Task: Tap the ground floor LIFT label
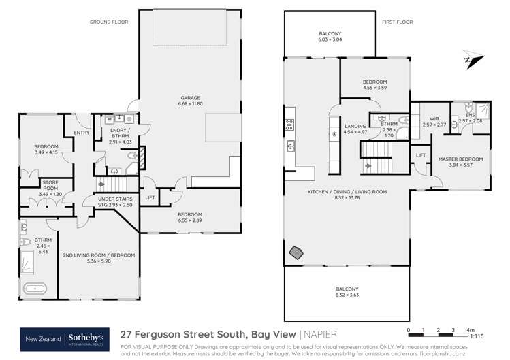pyautogui.click(x=150, y=198)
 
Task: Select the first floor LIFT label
pyautogui.click(x=421, y=155)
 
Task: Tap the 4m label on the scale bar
pyautogui.click(x=471, y=331)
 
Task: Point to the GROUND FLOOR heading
pyautogui.click(x=108, y=22)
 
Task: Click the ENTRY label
pyautogui.click(x=81, y=133)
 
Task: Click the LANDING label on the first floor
pyautogui.click(x=356, y=127)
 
